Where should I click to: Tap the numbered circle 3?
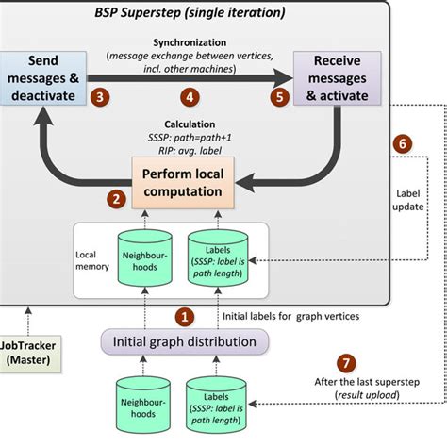click(98, 97)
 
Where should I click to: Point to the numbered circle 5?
click(279, 97)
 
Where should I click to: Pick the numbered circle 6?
click(402, 143)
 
